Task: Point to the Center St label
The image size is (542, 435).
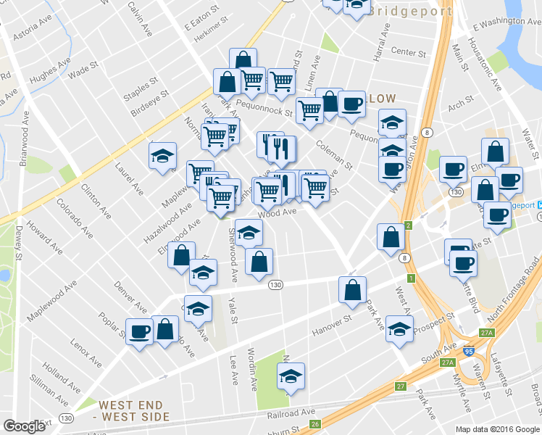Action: (x=408, y=52)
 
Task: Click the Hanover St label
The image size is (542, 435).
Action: (x=331, y=324)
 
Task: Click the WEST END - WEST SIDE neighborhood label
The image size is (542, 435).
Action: (x=134, y=411)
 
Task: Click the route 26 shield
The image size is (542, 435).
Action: (x=314, y=424)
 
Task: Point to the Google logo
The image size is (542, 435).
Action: (x=24, y=426)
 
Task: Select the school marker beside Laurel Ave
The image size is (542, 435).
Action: (x=163, y=156)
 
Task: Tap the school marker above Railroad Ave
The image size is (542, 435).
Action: (x=291, y=376)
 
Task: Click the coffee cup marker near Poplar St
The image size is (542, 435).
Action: (x=139, y=332)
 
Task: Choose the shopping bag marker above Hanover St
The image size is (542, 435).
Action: (x=352, y=289)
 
